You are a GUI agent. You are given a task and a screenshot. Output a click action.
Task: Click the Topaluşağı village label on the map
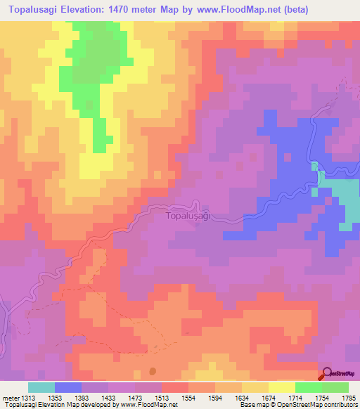[188, 216]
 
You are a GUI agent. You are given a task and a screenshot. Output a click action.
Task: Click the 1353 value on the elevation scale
[54, 397]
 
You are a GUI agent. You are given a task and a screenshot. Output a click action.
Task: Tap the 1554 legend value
[188, 397]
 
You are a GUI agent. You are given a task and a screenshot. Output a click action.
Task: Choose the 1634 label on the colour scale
[242, 397]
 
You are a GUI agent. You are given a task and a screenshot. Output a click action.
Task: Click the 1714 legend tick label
[295, 397]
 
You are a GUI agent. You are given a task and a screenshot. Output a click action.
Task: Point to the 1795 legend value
[349, 397]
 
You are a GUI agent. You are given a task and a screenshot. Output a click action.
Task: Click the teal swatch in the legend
[41, 387]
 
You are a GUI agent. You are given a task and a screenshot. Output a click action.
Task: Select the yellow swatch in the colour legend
[282, 387]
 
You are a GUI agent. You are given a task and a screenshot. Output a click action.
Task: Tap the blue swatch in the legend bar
[68, 387]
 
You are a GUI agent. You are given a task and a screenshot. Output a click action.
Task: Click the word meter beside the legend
[8, 397]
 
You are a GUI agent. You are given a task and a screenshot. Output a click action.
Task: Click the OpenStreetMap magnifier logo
[327, 374]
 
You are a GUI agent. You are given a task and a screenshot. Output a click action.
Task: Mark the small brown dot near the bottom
[153, 372]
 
